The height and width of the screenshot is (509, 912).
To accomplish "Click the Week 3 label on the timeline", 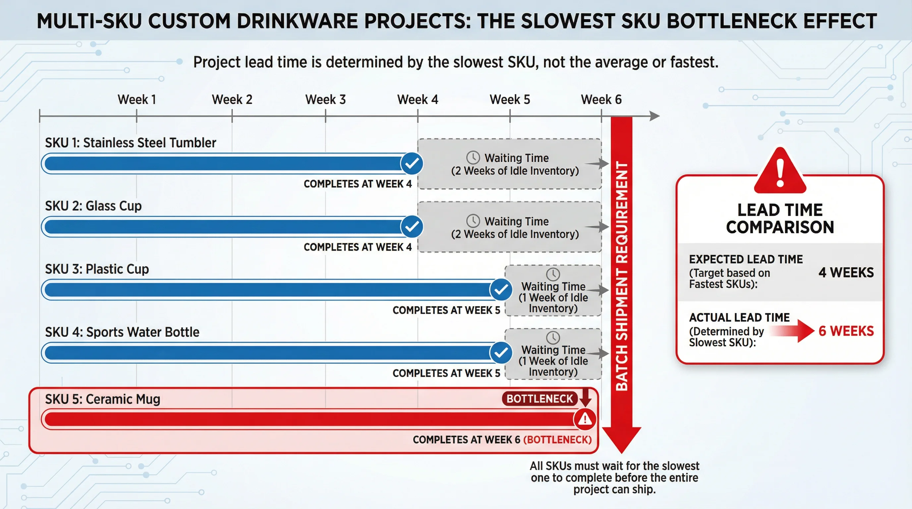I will click(325, 99).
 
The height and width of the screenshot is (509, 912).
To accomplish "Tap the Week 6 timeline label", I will click(601, 99).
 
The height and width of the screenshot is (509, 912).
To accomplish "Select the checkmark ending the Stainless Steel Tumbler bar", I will click(412, 163).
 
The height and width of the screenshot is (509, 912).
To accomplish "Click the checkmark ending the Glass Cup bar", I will click(412, 227).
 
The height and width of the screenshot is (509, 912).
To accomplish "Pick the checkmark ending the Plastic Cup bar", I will click(501, 290).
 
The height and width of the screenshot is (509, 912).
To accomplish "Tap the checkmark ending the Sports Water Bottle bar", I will click(501, 353).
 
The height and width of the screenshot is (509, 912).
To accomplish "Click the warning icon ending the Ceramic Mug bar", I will click(585, 420).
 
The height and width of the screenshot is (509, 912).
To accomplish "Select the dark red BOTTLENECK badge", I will click(540, 399).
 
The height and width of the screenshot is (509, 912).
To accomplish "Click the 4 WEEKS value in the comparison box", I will click(846, 272).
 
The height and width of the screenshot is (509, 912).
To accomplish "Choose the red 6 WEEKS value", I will click(846, 331).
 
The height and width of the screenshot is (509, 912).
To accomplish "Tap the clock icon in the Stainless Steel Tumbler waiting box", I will click(473, 157).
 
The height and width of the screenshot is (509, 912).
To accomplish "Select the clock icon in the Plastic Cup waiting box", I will click(553, 274).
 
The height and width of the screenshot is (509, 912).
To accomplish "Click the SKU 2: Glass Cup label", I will click(93, 206).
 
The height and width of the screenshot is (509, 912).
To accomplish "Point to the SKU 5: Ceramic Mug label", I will click(103, 399).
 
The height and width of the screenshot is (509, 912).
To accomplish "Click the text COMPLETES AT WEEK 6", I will click(466, 440).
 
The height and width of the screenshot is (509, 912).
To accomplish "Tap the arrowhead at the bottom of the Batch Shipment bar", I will click(621, 439).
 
